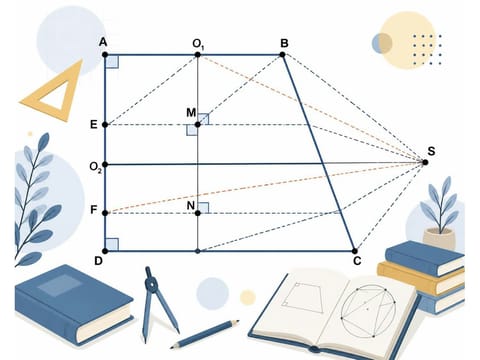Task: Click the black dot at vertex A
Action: pyautogui.click(x=105, y=54)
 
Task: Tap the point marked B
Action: pyautogui.click(x=283, y=54)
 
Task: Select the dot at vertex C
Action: pyautogui.click(x=355, y=251)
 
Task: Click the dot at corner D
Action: pyautogui.click(x=105, y=251)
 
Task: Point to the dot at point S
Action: pyautogui.click(x=425, y=162)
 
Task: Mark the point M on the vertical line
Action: pyautogui.click(x=198, y=125)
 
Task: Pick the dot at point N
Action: pyautogui.click(x=198, y=213)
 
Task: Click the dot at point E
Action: pyautogui.click(x=105, y=125)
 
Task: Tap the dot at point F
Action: pyautogui.click(x=105, y=213)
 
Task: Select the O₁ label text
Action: pyautogui.click(x=198, y=44)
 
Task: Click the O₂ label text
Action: pyautogui.click(x=95, y=167)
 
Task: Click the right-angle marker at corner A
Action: pyautogui.click(x=112, y=62)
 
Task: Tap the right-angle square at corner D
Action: pyautogui.click(x=112, y=244)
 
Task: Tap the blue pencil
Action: pyautogui.click(x=205, y=334)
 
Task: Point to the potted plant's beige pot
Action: pyautogui.click(x=439, y=238)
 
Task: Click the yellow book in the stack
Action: pyautogui.click(x=421, y=277)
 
